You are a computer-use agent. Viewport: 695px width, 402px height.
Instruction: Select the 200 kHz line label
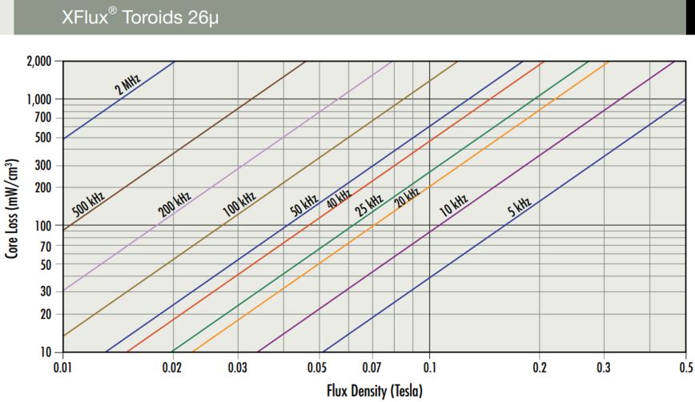coord(175,205)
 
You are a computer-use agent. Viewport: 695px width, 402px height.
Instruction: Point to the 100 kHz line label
coord(239,206)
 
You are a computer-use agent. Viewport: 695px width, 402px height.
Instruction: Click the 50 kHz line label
coord(305,204)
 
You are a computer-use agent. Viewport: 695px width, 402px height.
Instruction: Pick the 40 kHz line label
coord(339,199)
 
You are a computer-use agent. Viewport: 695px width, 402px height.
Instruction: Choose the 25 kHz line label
coord(369,204)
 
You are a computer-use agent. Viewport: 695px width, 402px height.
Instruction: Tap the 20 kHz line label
coord(407,197)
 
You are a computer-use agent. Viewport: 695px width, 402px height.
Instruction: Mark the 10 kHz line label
coord(453,205)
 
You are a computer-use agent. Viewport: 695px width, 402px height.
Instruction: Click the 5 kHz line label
coord(520,207)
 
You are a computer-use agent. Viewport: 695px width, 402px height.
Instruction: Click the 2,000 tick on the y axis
coord(38,61)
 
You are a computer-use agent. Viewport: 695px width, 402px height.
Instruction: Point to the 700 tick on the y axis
coord(42,118)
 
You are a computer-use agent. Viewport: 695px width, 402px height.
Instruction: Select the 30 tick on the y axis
coord(45,291)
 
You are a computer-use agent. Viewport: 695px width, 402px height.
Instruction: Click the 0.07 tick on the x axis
coord(372,368)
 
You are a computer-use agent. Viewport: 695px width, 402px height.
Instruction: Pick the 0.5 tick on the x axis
coord(685,368)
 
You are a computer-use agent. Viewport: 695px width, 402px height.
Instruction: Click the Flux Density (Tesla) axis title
coord(373,391)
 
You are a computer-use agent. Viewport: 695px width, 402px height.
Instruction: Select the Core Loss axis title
coord(13,207)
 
